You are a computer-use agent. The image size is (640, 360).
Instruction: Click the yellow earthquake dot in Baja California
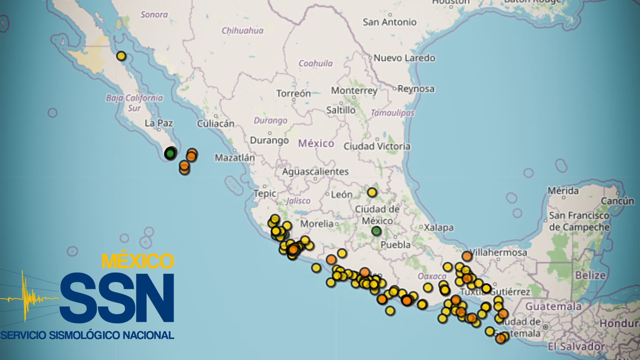(x=121, y=56)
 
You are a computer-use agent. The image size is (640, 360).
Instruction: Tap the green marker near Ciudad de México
(x=376, y=231)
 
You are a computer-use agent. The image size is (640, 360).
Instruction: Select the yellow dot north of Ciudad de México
(x=372, y=192)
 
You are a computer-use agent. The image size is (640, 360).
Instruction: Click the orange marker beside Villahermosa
(x=467, y=256)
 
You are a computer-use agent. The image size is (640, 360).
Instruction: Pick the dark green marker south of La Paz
(x=170, y=153)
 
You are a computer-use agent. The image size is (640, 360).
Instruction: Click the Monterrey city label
(x=354, y=90)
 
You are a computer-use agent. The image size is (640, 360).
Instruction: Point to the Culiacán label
(x=216, y=124)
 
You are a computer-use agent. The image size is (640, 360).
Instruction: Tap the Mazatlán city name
(x=235, y=158)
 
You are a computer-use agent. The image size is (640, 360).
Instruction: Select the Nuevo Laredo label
(x=404, y=58)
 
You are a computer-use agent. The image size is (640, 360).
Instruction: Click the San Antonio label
(x=389, y=22)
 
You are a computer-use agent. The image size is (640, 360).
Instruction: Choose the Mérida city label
(x=563, y=191)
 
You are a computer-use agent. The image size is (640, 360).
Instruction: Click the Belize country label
(x=590, y=275)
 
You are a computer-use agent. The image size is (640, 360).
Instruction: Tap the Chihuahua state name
(x=242, y=31)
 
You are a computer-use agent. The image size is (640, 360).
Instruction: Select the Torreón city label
(x=294, y=93)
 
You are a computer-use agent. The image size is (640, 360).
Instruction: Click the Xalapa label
(x=439, y=228)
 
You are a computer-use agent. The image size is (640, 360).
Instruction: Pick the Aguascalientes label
(x=315, y=172)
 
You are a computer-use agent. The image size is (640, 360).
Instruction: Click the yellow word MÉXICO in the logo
(x=138, y=261)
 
